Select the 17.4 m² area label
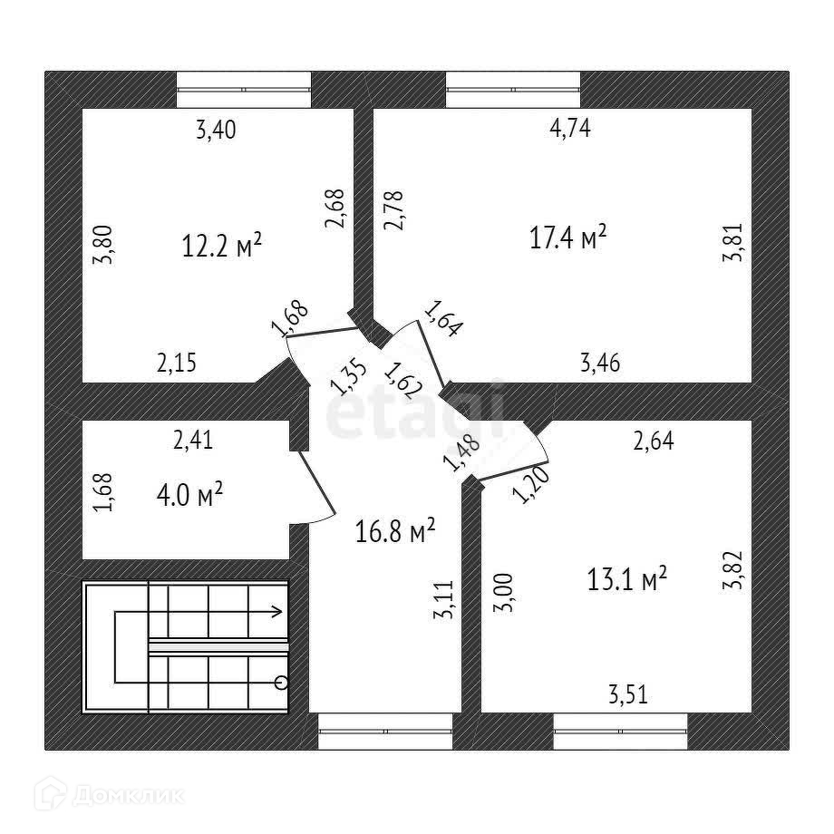[x=567, y=238]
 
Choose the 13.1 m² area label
[x=628, y=577]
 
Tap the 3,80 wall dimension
[x=105, y=244]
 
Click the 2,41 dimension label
[x=192, y=441]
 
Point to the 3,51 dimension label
[x=628, y=695]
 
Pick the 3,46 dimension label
[x=600, y=364]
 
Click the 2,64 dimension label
[x=653, y=441]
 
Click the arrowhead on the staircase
[x=276, y=612]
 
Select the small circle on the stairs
[x=281, y=682]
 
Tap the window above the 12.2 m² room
[x=243, y=89]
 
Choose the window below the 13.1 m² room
[x=620, y=731]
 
